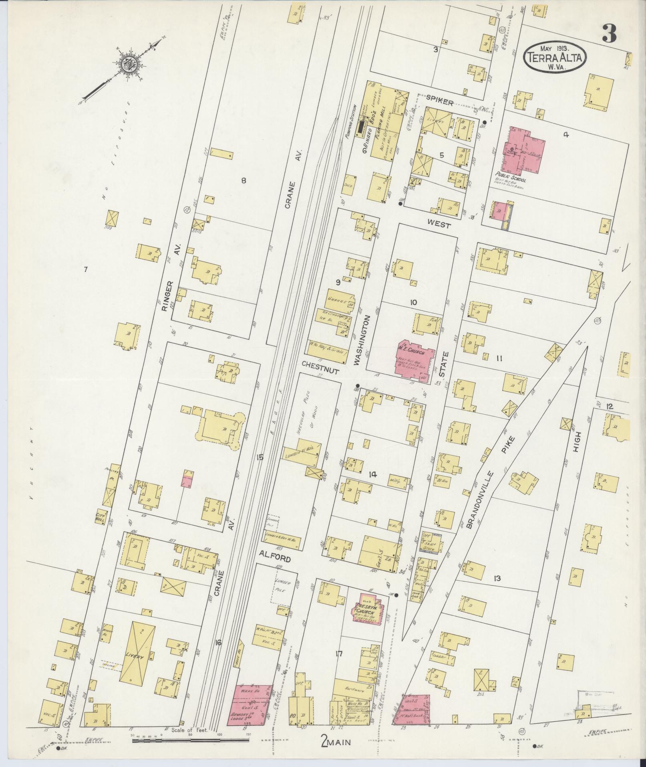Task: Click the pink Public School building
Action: pos(525,150)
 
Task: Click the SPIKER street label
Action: pos(439,103)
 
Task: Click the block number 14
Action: pos(372,475)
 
